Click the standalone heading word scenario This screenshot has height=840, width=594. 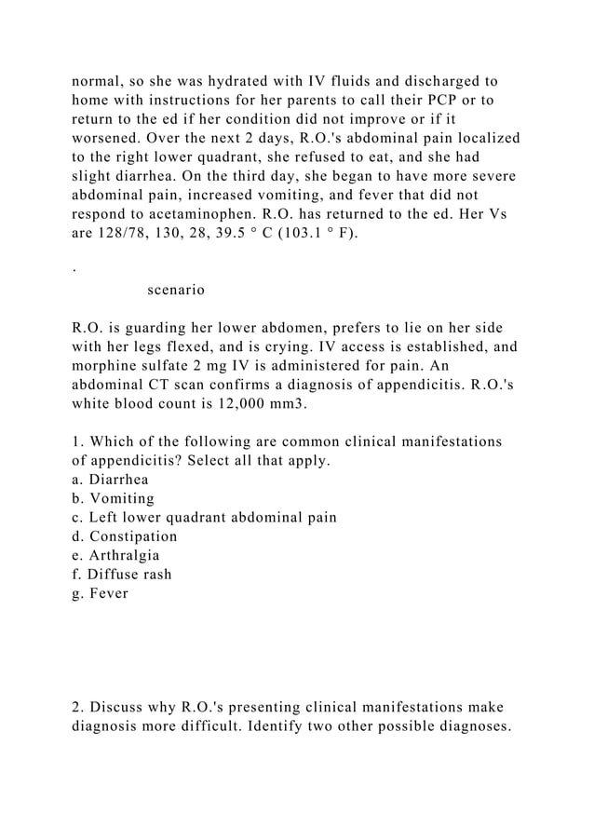point(176,290)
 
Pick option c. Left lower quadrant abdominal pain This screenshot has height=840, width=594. point(204,517)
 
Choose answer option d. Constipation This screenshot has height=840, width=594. point(124,536)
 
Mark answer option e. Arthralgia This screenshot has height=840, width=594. point(115,556)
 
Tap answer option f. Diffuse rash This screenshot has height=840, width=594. point(121,575)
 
